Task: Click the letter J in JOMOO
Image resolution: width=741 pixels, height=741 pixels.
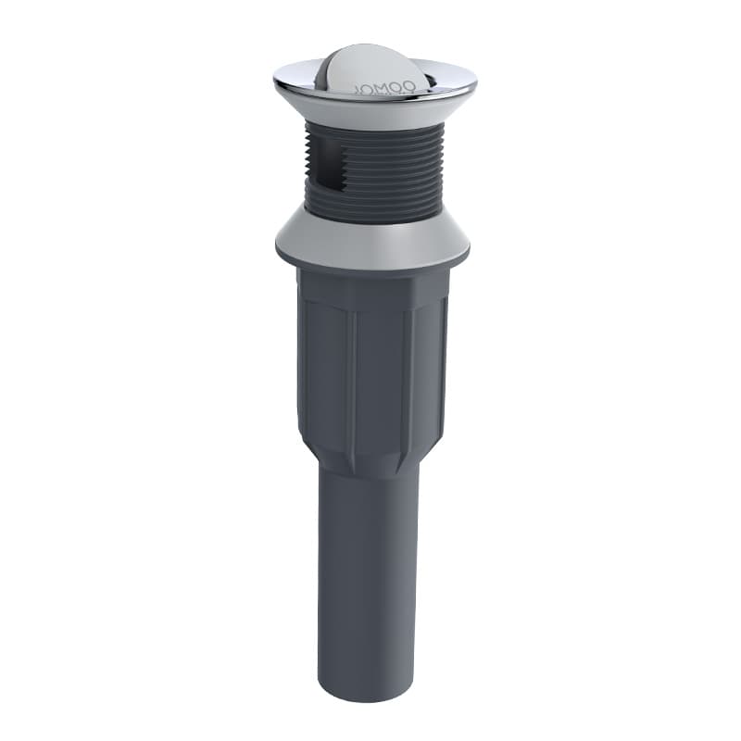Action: [x=358, y=88]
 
